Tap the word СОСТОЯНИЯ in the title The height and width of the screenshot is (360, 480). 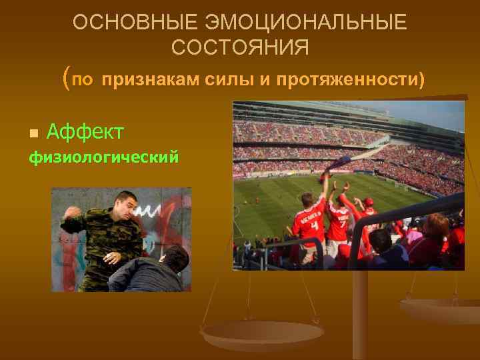click(x=240, y=48)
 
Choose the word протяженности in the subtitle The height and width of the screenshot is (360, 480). click(x=339, y=81)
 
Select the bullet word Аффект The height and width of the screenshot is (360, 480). click(x=85, y=132)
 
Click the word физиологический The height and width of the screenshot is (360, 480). click(x=103, y=158)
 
